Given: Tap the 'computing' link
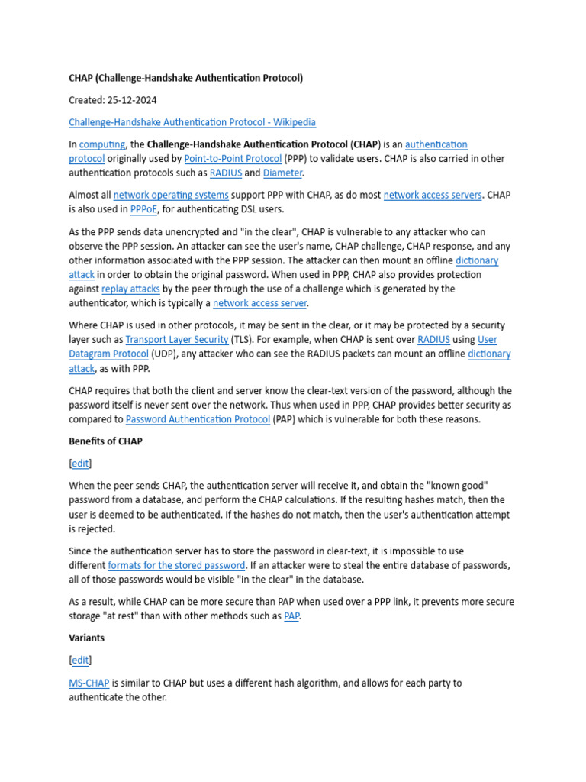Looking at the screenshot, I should [x=102, y=144].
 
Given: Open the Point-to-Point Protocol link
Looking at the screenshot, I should [x=232, y=159].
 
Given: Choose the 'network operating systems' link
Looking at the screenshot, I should [x=171, y=195].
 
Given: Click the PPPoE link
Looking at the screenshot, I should [x=143, y=210].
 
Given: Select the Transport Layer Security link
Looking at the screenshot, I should [x=177, y=340].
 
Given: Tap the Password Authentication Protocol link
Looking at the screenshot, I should [x=198, y=419].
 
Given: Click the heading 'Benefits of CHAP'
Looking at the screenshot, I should [x=105, y=441].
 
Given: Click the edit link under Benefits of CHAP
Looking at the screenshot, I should [x=80, y=464].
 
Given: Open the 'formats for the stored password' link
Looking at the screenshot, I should [x=176, y=565].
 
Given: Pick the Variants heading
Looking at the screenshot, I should [x=86, y=638].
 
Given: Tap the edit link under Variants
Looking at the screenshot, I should [x=80, y=660].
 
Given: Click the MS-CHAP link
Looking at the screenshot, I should [x=89, y=683].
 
